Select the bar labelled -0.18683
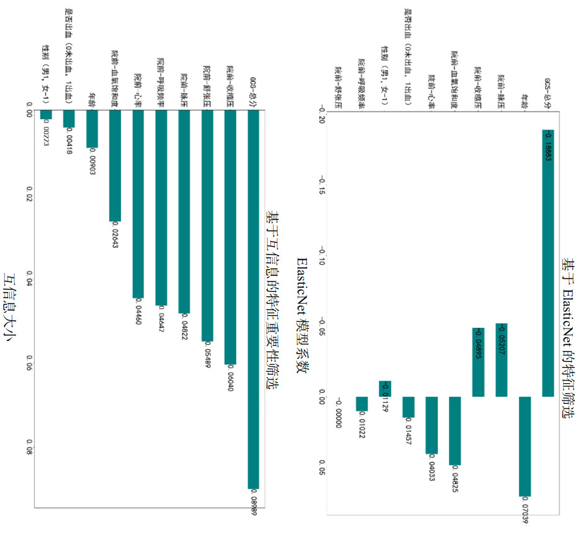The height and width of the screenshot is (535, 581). pos(548,263)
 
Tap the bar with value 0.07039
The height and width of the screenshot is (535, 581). pos(525,446)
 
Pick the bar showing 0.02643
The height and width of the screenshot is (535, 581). pos(115,167)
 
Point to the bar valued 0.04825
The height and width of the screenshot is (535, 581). pos(455,431)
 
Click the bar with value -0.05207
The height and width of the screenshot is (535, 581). pos(502,360)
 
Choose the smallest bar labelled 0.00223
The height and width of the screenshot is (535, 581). pos(46,115)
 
